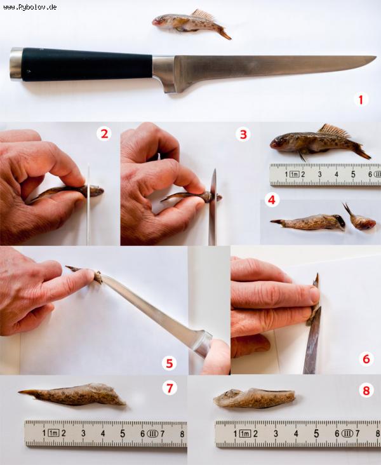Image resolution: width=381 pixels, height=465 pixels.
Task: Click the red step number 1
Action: [x=361, y=100]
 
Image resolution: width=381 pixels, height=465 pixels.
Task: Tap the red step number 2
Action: [x=104, y=134]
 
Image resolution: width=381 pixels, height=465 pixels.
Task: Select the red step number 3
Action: [x=243, y=134]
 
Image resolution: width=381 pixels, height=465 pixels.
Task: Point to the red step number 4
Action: [x=272, y=200]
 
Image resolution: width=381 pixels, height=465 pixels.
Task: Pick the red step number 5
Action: [x=170, y=363]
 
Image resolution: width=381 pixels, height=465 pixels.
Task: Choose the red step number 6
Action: [x=366, y=359]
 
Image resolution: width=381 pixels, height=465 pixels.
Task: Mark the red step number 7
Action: [x=170, y=388]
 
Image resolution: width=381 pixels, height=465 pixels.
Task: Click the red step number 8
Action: [x=366, y=391]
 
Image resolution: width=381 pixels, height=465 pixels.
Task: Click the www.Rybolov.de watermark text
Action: [x=30, y=7]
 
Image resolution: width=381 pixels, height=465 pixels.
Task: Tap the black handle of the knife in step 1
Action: [x=88, y=64]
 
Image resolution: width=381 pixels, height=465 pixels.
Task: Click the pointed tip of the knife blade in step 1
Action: [x=376, y=58]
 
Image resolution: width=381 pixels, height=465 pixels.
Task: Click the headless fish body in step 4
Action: [x=308, y=223]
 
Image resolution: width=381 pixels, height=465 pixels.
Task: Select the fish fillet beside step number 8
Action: [x=254, y=398]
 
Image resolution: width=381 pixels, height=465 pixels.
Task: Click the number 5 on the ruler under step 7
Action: [x=123, y=434]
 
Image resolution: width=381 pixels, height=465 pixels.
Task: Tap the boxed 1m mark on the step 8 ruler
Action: [x=245, y=434]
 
